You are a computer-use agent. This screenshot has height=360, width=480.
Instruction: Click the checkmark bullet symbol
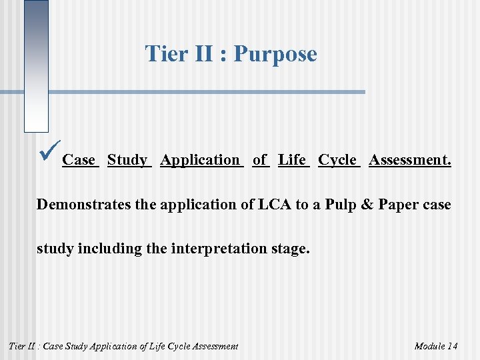(x=50, y=148)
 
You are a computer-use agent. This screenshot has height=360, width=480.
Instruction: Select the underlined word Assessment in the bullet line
(x=409, y=160)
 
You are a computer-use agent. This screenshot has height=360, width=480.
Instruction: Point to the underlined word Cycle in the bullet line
(x=338, y=160)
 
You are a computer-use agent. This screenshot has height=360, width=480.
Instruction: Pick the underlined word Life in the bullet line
(x=293, y=160)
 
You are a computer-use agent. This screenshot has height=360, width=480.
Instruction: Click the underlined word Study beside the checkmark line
(x=127, y=160)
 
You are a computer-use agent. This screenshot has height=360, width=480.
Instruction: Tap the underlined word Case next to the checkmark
(x=79, y=160)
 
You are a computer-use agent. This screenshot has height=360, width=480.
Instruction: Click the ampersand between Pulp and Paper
(x=365, y=205)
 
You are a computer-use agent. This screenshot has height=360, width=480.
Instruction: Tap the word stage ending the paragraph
(x=288, y=250)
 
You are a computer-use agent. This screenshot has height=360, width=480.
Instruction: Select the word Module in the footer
(x=430, y=346)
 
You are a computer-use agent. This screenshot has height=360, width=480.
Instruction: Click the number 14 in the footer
(x=452, y=346)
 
